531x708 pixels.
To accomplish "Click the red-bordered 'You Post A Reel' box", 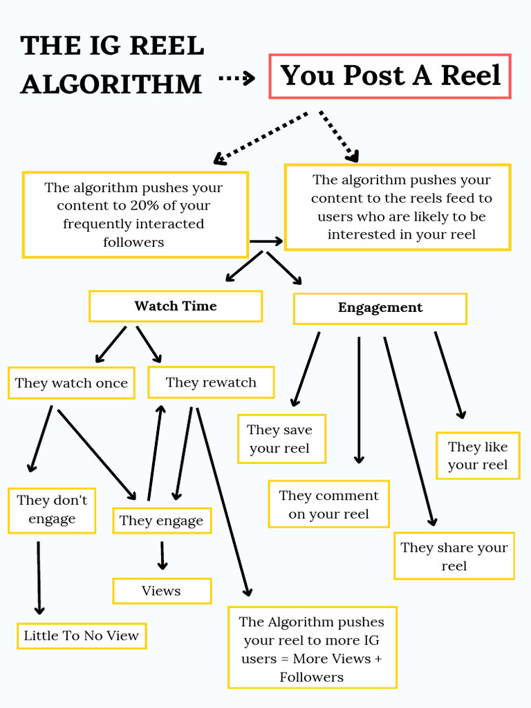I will [390, 75].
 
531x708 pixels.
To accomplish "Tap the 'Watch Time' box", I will [176, 306].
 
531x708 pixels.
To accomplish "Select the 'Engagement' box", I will [380, 308].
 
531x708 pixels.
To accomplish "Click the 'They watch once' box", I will [71, 383].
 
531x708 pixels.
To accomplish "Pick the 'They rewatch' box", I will [211, 382].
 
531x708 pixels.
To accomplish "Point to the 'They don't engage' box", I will [52, 510].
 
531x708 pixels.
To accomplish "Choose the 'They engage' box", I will [162, 521].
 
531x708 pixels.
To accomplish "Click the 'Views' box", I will [162, 591].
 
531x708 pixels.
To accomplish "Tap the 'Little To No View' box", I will [82, 635].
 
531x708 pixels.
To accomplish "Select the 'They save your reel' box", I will [281, 439].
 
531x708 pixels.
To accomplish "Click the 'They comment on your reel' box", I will [328, 505].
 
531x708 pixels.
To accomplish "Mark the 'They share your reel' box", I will [454, 556].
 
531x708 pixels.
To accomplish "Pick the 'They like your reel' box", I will [478, 456].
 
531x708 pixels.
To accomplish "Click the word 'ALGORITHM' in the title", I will [111, 84].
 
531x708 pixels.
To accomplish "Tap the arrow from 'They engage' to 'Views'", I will [162, 555].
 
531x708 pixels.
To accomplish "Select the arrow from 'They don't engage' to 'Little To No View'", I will [39, 577].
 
